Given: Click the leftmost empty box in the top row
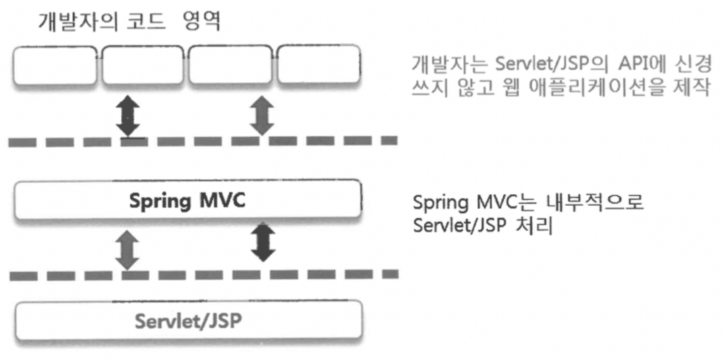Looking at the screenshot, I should [56, 65].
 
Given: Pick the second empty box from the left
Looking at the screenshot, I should [144, 65].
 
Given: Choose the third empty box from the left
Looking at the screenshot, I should [231, 65].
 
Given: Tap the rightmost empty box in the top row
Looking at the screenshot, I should [319, 65].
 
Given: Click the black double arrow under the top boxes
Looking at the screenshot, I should [128, 115].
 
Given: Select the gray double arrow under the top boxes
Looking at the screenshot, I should [262, 115].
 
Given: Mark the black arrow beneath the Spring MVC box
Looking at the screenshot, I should [262, 244].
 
